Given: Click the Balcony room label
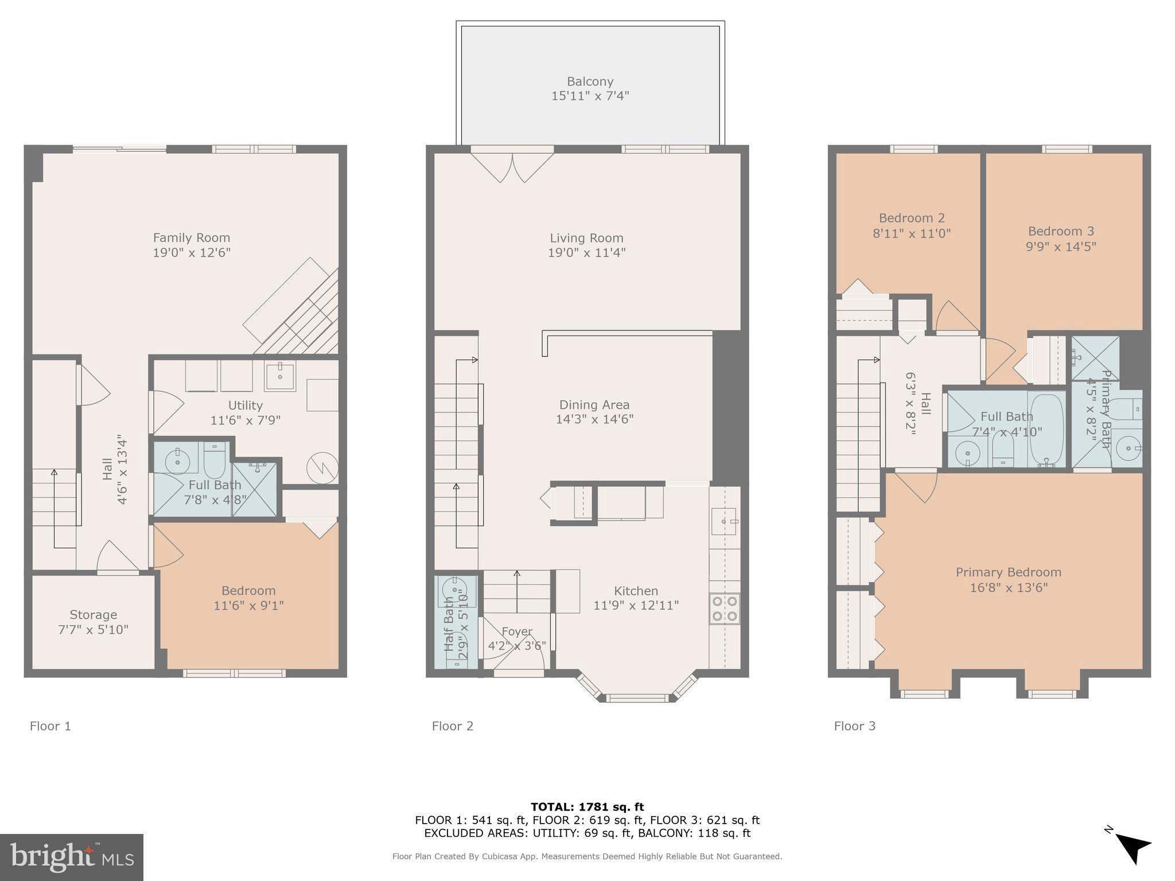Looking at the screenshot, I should tap(590, 81).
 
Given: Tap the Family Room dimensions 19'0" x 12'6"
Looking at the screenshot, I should tap(191, 253).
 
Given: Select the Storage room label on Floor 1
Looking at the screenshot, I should tap(93, 614).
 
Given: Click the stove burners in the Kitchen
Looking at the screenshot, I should tap(725, 609).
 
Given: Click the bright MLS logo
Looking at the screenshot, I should tap(72, 857).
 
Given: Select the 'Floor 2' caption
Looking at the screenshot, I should tap(452, 726).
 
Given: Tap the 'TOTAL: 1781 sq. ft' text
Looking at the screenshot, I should tap(587, 807).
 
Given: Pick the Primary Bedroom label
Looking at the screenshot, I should tap(1008, 572).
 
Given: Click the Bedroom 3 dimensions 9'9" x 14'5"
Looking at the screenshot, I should tap(1061, 247).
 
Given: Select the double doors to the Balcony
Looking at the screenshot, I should tap(512, 165).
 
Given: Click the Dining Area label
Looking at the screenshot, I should tap(594, 404).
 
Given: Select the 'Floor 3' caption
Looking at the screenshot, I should tap(854, 726).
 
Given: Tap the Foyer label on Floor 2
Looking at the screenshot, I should tap(517, 631).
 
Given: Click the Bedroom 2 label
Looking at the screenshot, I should tap(911, 218).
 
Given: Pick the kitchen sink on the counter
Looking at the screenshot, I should tap(724, 521).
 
